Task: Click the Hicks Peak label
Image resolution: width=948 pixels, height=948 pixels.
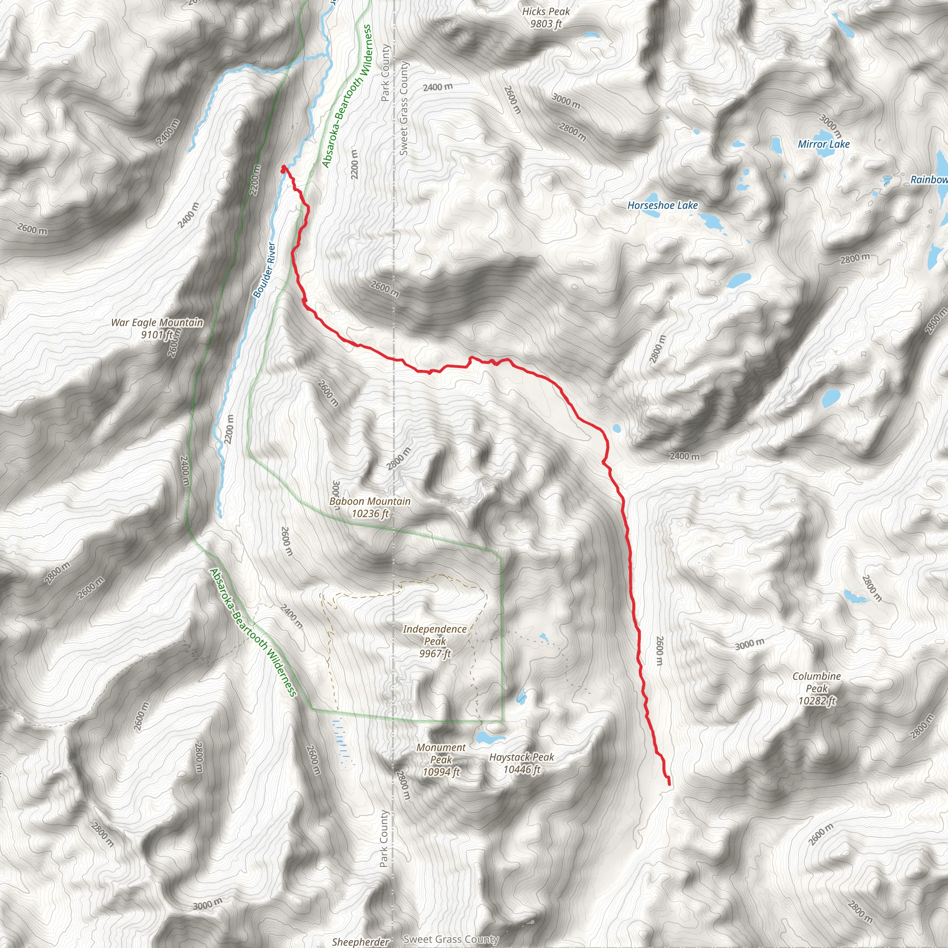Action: click(546, 11)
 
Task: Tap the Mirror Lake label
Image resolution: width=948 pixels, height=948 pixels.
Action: click(823, 144)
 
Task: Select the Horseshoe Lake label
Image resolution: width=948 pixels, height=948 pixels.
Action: click(662, 206)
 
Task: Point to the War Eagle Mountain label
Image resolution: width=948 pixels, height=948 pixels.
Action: click(156, 322)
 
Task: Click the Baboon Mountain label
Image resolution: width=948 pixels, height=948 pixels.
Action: click(370, 501)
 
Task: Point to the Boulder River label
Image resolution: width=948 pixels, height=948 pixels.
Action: click(264, 270)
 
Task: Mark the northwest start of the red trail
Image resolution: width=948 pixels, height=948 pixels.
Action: click(283, 168)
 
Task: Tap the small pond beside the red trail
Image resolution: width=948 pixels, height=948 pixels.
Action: click(617, 428)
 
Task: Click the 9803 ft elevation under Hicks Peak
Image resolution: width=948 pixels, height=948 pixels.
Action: click(546, 24)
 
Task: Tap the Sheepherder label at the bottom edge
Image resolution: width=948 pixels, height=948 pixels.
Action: click(361, 942)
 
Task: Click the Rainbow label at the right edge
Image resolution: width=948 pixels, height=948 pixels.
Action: click(929, 180)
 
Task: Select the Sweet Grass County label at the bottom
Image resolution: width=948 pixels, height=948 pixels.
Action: click(450, 939)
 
